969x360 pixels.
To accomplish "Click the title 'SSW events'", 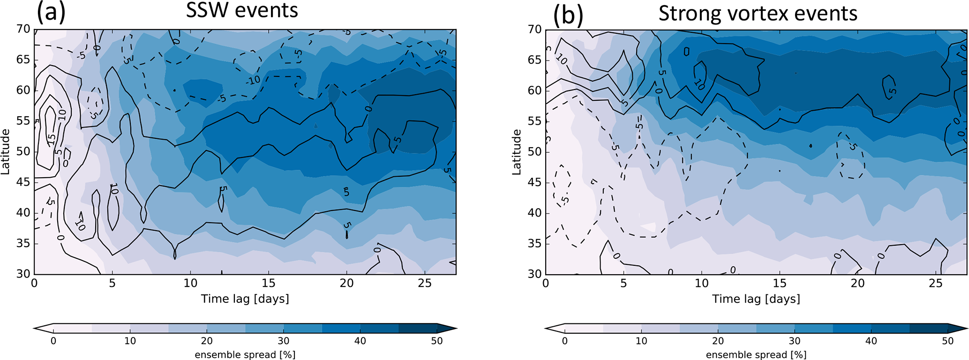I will (242, 10).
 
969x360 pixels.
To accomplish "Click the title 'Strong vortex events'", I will (758, 13).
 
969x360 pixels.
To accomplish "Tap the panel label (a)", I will (51, 13).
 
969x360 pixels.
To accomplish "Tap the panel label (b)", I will (568, 15).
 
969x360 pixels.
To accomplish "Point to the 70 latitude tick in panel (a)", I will (24, 29).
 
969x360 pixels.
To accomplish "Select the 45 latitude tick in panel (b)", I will (535, 182).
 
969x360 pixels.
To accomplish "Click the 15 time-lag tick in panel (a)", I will (268, 283).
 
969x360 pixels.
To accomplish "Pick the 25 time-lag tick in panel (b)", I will (935, 283).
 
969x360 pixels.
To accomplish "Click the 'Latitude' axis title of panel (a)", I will (6, 152).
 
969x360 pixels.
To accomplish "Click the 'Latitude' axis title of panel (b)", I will (517, 152).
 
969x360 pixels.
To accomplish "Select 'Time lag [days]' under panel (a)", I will (245, 299).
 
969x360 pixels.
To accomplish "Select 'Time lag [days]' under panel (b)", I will (756, 299).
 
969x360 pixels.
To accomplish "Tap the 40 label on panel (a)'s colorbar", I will (360, 341).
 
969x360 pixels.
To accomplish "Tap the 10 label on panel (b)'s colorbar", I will (641, 341).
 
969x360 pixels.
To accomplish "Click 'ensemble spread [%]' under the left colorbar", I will (245, 354).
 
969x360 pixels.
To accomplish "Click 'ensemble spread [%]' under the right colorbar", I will (756, 354).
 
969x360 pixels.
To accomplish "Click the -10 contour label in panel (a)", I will (253, 81).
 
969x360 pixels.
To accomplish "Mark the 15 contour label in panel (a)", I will (51, 139).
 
